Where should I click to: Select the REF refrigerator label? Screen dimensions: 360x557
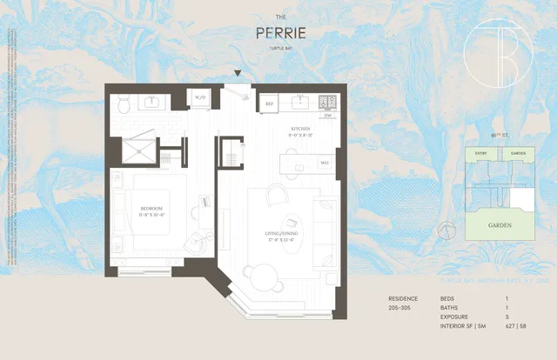click(270, 102)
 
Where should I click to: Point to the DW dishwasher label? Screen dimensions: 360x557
click(327, 116)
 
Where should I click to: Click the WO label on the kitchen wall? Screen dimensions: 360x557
click(324, 163)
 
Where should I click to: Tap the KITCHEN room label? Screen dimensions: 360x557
click(300, 130)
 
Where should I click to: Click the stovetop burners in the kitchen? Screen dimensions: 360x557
click(327, 101)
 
